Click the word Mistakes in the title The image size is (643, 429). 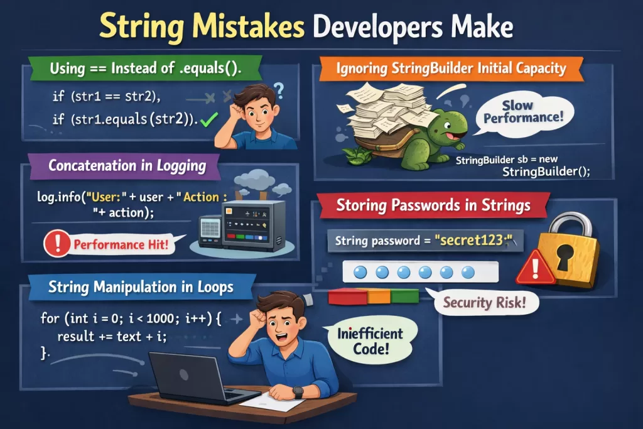(x=249, y=27)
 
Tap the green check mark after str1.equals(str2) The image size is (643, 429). (x=209, y=119)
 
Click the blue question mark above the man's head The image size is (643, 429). (x=279, y=90)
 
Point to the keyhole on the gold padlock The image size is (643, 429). (x=565, y=256)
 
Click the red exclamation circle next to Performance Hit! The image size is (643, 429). (x=57, y=244)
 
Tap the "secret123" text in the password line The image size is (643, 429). (x=473, y=240)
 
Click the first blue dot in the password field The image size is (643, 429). (x=360, y=272)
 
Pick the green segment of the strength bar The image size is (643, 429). (x=405, y=296)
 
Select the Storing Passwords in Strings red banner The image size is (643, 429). (x=433, y=205)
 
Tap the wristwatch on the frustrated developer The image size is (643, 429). (x=298, y=393)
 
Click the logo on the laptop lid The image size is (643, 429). (x=184, y=375)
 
